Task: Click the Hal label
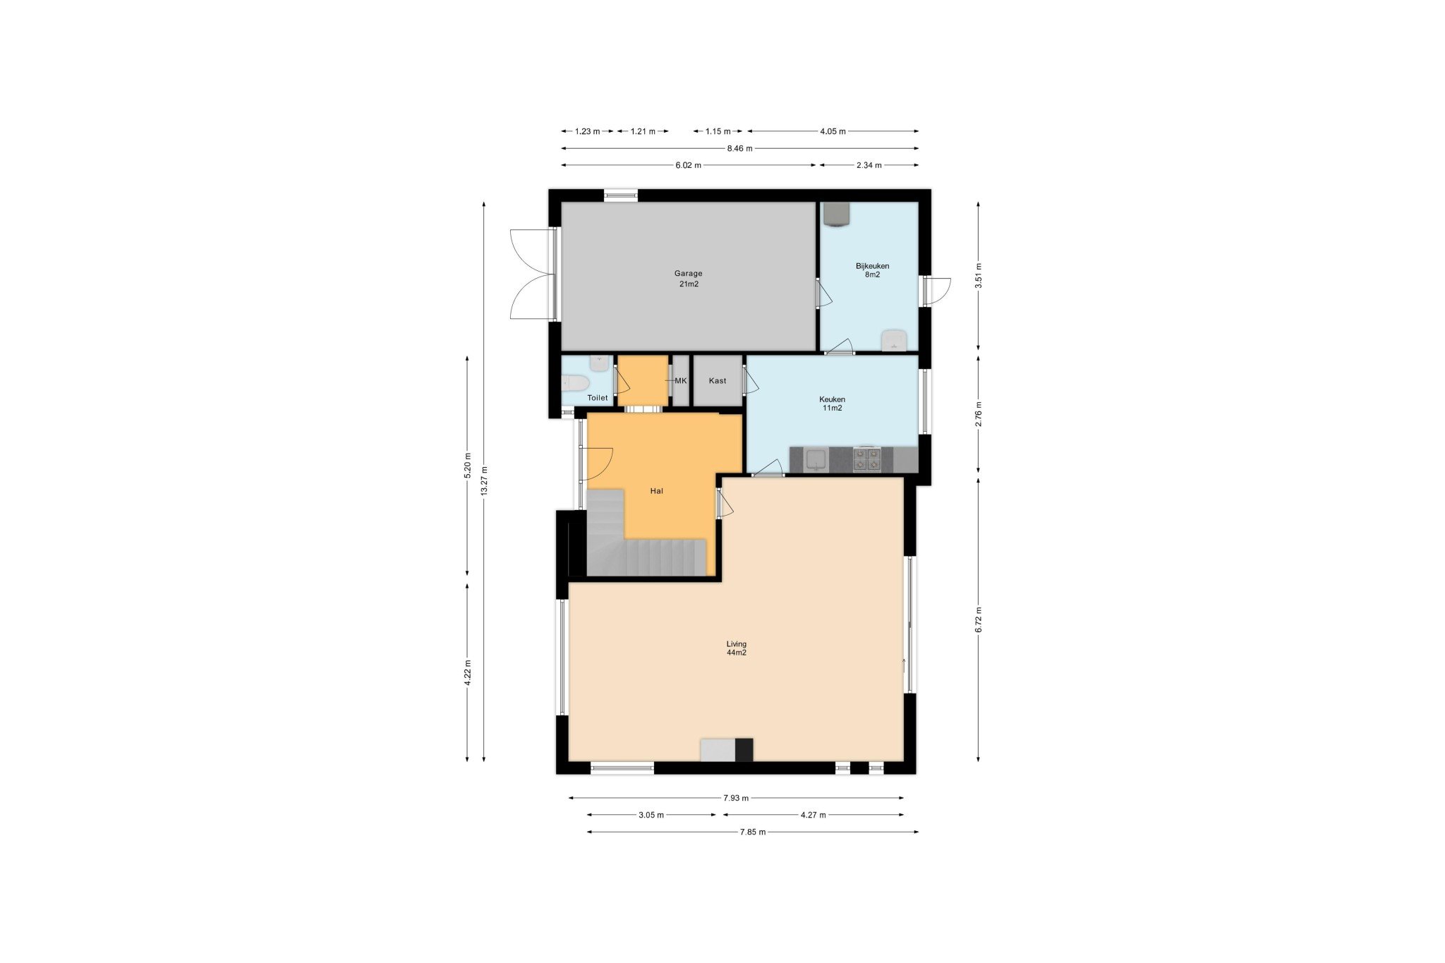[656, 491]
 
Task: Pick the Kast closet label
[718, 381]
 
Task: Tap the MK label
[680, 381]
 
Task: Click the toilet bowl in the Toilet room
[575, 383]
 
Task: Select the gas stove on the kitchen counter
[867, 459]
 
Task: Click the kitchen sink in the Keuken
[816, 460]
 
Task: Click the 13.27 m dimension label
[484, 481]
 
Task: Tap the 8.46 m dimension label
[739, 149]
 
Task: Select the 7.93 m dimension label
[735, 798]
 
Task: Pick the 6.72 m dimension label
[979, 619]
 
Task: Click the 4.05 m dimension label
[833, 131]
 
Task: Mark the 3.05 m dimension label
[651, 815]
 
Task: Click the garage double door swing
[533, 274]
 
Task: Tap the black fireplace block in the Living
[744, 749]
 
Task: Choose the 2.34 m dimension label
[869, 165]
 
